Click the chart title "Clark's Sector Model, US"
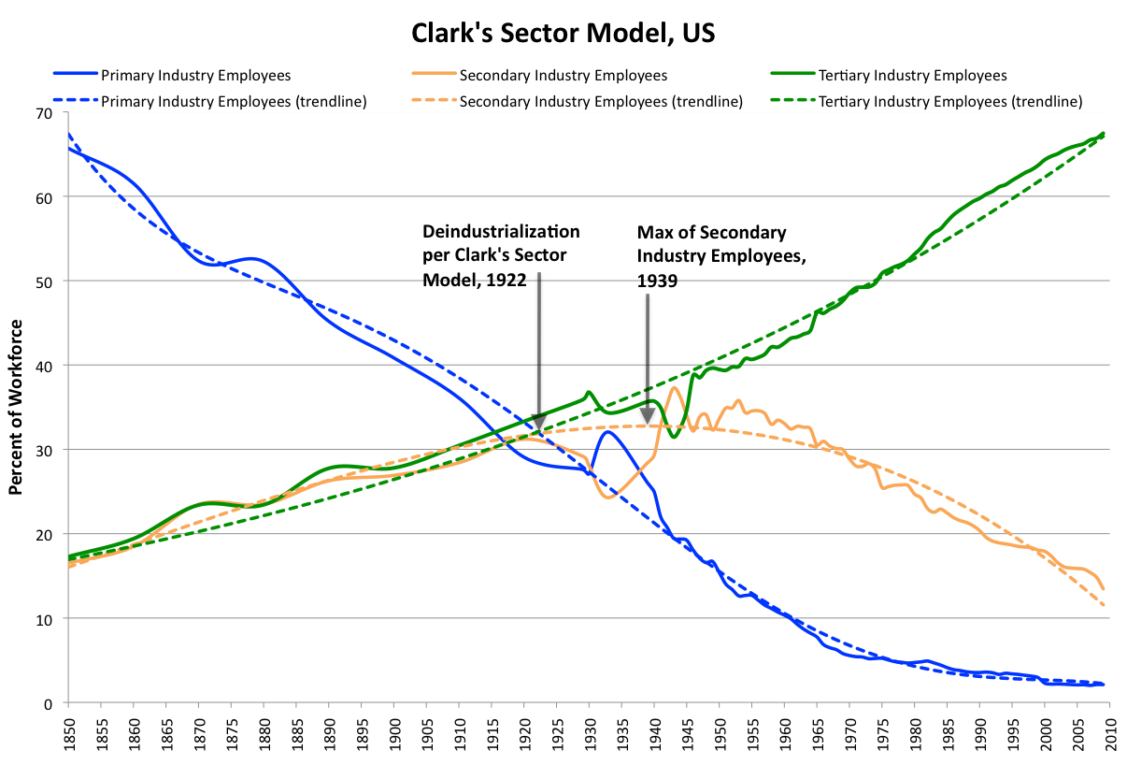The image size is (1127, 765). tap(563, 35)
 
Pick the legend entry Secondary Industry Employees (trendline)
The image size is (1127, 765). tap(602, 101)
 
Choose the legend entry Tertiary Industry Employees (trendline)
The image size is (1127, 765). tap(950, 101)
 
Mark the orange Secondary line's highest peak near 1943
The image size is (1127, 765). tap(673, 387)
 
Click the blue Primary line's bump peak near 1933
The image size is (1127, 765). tap(607, 431)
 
